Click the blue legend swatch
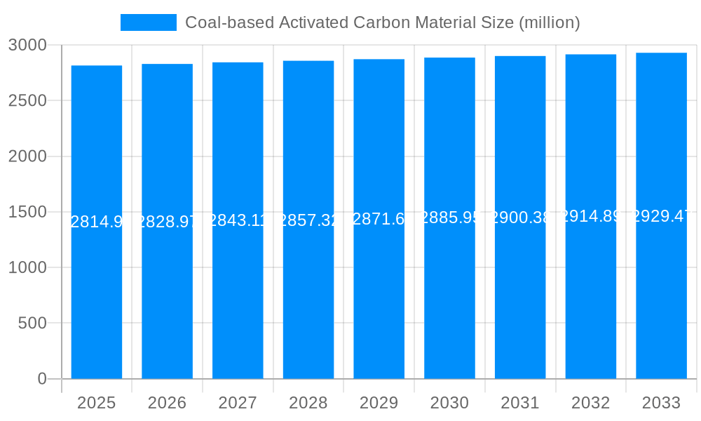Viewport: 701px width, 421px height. click(149, 22)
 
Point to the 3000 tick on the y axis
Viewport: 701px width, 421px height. click(27, 45)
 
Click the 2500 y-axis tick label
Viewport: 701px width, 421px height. click(27, 100)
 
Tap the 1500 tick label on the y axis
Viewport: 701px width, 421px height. click(27, 212)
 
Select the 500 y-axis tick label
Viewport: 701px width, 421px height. click(32, 323)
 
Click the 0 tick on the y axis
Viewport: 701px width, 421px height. click(41, 379)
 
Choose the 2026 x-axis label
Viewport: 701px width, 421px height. click(168, 403)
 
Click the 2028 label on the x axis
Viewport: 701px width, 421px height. click(308, 403)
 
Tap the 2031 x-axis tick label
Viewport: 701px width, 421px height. click(520, 403)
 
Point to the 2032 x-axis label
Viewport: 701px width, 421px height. click(591, 403)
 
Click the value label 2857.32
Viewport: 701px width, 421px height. click(308, 220)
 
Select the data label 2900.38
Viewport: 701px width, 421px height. click(520, 218)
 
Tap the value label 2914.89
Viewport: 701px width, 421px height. click(591, 216)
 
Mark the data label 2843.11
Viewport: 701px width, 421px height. click(238, 220)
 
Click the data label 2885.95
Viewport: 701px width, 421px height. click(449, 218)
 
